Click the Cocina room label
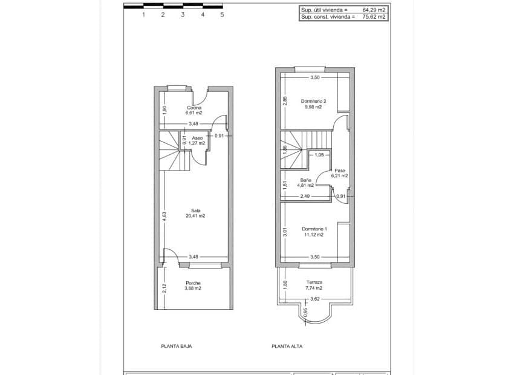tap(194, 108)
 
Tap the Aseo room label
tap(198, 138)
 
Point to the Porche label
tap(194, 283)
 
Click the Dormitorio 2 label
tap(314, 101)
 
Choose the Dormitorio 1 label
tap(314, 229)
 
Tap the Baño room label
tap(305, 180)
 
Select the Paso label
tap(340, 171)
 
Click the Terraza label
tap(314, 282)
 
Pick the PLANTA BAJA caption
tap(176, 347)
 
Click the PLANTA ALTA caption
tap(287, 347)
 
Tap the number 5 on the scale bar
tap(222, 15)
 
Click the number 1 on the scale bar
tap(143, 15)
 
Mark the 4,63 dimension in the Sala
tap(164, 215)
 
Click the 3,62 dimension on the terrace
tap(314, 299)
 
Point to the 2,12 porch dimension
tap(164, 289)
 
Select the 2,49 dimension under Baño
tap(305, 196)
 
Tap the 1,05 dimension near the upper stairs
tap(319, 155)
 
